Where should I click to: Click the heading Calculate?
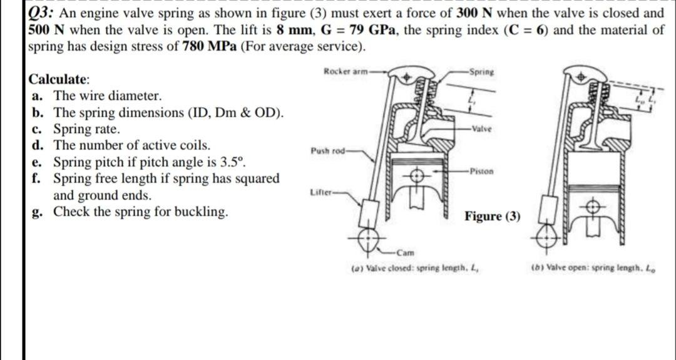59,80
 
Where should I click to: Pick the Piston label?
483,170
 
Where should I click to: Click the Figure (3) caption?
492,217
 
